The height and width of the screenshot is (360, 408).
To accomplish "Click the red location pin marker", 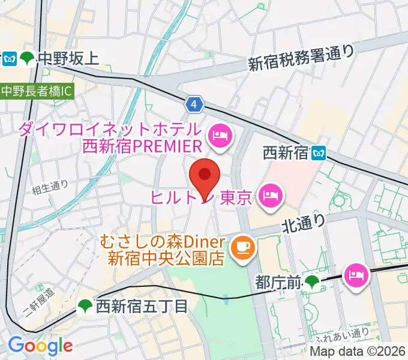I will (x=205, y=175).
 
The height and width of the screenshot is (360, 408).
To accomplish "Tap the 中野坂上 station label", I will (x=67, y=58).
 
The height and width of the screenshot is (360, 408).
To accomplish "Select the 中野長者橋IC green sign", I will (x=35, y=92).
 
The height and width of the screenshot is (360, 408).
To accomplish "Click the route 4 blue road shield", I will (x=194, y=104).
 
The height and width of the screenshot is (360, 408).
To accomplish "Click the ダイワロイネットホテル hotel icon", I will (x=219, y=137).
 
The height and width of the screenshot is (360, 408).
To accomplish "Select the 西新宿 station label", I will (x=285, y=154).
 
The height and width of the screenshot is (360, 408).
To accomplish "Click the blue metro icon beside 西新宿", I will (x=318, y=154).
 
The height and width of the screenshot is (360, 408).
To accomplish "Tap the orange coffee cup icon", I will (x=242, y=245).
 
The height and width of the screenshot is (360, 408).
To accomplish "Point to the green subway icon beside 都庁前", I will (x=311, y=281).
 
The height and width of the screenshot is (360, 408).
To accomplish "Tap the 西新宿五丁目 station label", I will (x=142, y=307).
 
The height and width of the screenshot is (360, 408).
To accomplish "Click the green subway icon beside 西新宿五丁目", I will (x=85, y=307).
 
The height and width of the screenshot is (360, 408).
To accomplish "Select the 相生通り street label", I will (x=50, y=186).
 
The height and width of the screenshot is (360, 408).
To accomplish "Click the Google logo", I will (x=40, y=345).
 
